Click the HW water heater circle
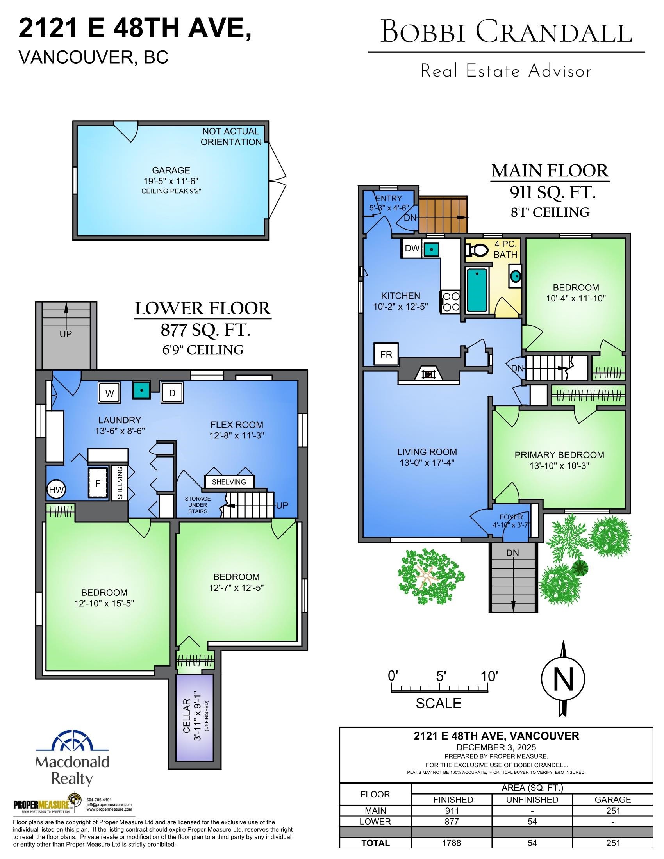[x=56, y=490]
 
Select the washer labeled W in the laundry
[x=109, y=393]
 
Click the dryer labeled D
[x=172, y=392]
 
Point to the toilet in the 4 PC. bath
[x=476, y=250]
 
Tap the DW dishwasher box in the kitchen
[x=412, y=248]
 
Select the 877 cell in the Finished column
[x=453, y=822]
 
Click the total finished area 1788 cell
[x=453, y=843]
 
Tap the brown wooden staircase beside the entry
[x=442, y=215]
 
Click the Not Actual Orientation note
[x=231, y=137]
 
